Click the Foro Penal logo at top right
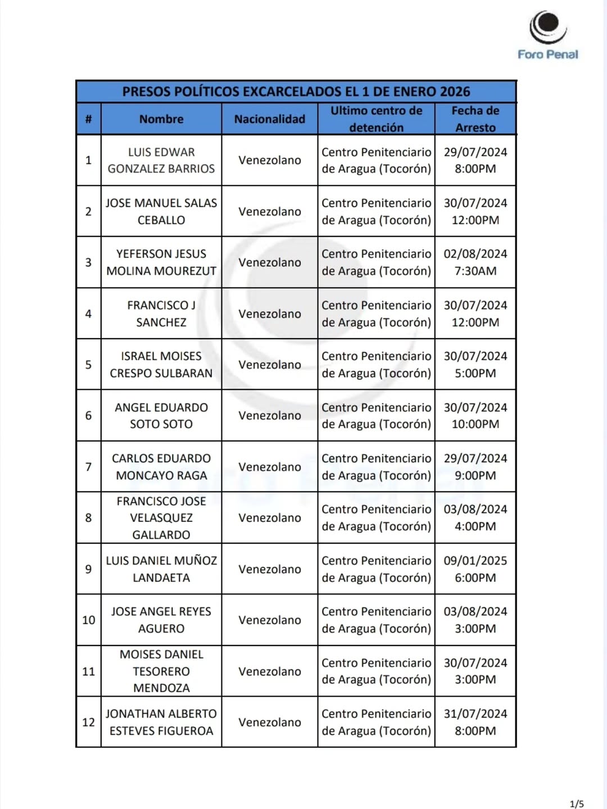click(x=547, y=35)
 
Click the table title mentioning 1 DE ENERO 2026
click(x=296, y=92)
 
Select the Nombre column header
click(x=161, y=119)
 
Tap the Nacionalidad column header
click(x=270, y=119)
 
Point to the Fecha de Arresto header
click(x=475, y=119)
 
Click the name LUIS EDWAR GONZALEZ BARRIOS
click(x=161, y=160)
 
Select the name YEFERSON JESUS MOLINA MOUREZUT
click(x=161, y=262)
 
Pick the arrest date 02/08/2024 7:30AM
click(x=475, y=262)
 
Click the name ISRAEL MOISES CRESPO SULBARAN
click(x=161, y=365)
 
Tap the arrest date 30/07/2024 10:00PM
click(x=475, y=416)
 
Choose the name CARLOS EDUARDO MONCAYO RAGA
click(x=161, y=467)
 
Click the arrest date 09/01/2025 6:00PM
click(x=475, y=569)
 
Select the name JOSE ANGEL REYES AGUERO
click(x=161, y=620)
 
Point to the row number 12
click(x=89, y=722)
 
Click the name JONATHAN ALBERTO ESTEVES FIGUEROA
click(x=161, y=722)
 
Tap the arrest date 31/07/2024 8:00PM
click(x=475, y=722)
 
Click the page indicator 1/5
click(x=577, y=804)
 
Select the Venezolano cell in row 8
click(x=270, y=518)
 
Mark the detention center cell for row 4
click(x=377, y=313)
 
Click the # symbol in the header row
click(x=89, y=119)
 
